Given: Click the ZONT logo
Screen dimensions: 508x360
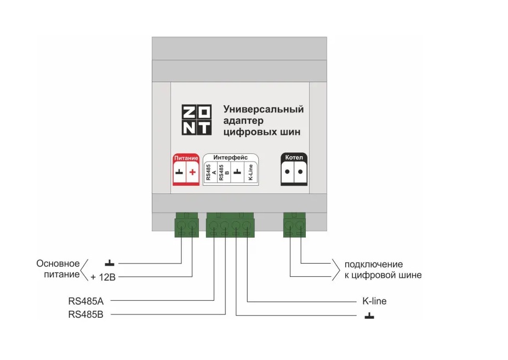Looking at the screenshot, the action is (196, 119).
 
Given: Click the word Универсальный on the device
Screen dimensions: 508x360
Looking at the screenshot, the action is (264, 109).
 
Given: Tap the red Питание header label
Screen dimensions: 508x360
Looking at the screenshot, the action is (186, 158).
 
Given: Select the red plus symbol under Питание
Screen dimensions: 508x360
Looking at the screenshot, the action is (192, 172).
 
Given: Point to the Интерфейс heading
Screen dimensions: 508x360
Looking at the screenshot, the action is (230, 157).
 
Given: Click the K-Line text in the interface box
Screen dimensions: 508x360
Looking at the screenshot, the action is (250, 173).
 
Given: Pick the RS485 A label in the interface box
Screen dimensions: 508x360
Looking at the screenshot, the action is (210, 173).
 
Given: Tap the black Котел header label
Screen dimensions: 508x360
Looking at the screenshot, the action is (294, 157).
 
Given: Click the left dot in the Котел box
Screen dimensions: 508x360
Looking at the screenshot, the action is (287, 172).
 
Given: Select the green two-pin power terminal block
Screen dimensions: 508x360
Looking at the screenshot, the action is (187, 225).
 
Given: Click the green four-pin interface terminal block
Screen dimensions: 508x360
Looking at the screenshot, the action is (230, 225).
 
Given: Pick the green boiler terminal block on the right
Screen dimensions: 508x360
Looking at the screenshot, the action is (294, 225).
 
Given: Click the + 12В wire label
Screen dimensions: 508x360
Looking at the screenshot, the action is (103, 277).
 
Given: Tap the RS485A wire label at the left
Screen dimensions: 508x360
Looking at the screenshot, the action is (86, 301).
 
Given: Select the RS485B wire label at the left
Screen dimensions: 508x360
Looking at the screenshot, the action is (86, 315).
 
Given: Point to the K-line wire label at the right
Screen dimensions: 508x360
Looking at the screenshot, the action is (374, 301).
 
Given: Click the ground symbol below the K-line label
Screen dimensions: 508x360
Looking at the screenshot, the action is (369, 315).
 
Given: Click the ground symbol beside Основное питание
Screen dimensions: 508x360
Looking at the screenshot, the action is (110, 263).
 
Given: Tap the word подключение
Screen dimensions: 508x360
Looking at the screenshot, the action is (374, 265).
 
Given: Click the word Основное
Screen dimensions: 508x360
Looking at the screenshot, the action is (58, 264).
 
